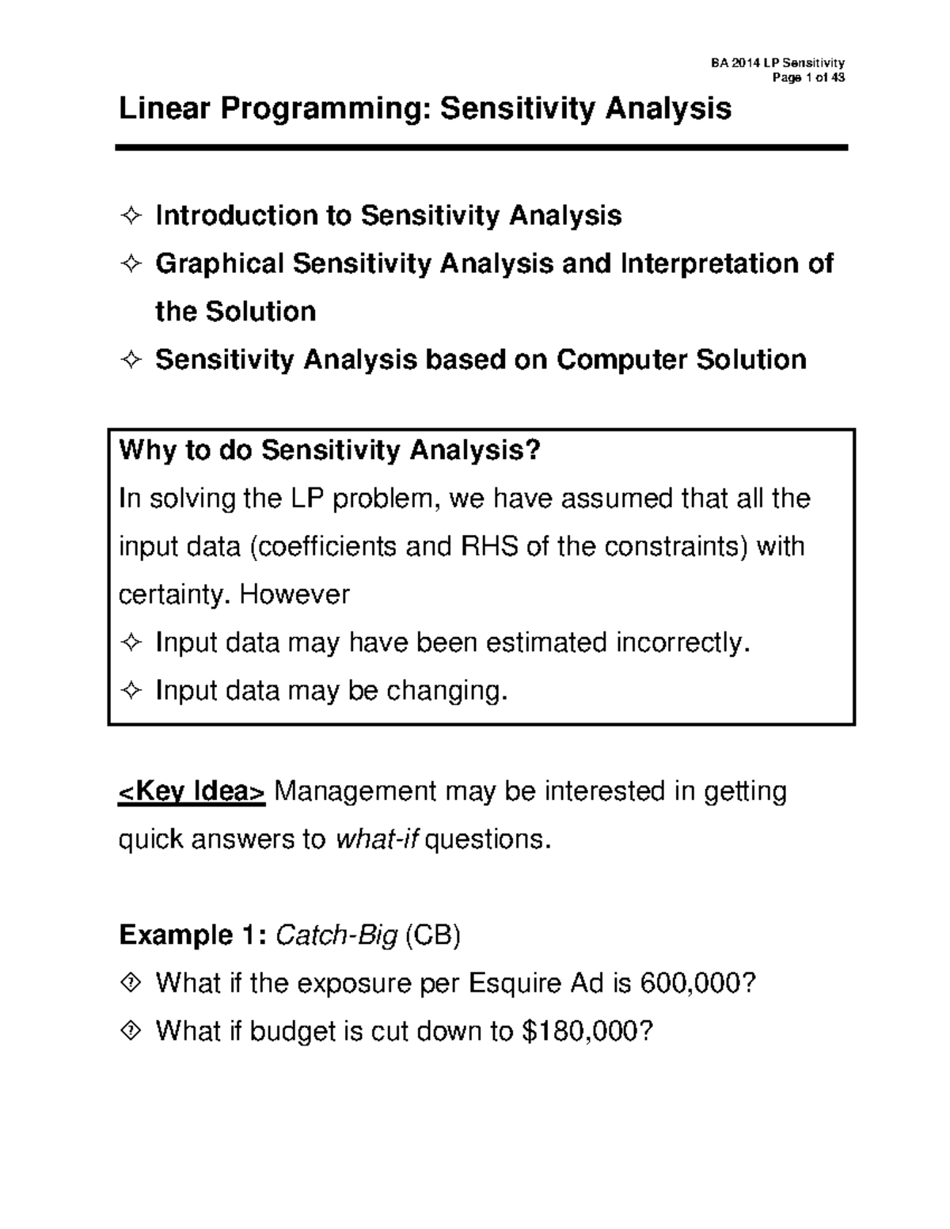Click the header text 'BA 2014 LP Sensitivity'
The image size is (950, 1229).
pos(777,63)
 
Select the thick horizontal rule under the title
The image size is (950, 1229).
pos(481,147)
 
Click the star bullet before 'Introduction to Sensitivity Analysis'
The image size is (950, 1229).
pos(131,216)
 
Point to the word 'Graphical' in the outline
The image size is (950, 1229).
pos(219,264)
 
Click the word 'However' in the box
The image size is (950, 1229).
pos(294,594)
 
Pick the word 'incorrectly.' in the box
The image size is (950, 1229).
pos(682,643)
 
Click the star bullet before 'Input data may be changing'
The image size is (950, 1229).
pos(131,691)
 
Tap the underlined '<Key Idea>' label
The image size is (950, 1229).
pos(192,791)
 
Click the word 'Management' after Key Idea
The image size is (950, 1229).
pos(355,791)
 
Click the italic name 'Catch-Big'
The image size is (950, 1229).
pos(336,935)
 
